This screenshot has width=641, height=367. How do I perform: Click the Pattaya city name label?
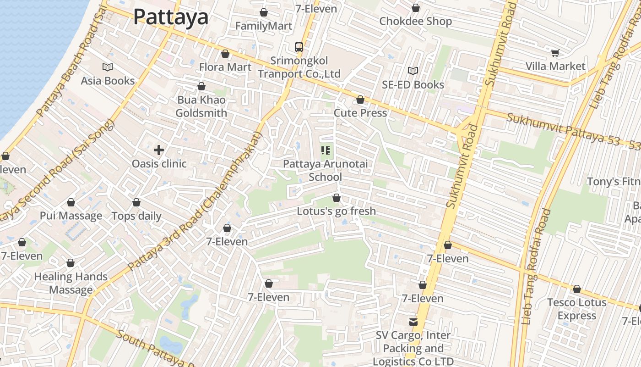pyautogui.click(x=171, y=17)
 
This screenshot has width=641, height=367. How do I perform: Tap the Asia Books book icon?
pyautogui.click(x=108, y=67)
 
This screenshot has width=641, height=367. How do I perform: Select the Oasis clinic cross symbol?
pyautogui.click(x=159, y=150)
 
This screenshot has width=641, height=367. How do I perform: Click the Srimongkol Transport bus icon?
pyautogui.click(x=299, y=47)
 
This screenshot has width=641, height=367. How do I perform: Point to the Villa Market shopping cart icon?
pyautogui.click(x=555, y=53)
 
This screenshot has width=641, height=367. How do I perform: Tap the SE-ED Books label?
pyautogui.click(x=413, y=85)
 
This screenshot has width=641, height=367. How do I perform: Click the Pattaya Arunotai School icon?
pyautogui.click(x=326, y=150)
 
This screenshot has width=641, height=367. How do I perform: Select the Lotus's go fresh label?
pyautogui.click(x=337, y=211)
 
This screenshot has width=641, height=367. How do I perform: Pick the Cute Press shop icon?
pyautogui.click(x=360, y=100)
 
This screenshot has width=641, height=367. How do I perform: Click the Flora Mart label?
pyautogui.click(x=225, y=67)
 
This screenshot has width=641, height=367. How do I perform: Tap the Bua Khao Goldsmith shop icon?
pyautogui.click(x=201, y=86)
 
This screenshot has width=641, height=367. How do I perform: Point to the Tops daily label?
pyautogui.click(x=136, y=216)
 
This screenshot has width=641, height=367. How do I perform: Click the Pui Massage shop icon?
pyautogui.click(x=71, y=202)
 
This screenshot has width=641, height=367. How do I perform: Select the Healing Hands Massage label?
pyautogui.click(x=71, y=283)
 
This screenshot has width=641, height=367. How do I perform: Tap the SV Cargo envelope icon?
pyautogui.click(x=413, y=322)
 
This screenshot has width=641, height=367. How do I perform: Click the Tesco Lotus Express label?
pyautogui.click(x=577, y=309)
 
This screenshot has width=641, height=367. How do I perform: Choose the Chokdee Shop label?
pyautogui.click(x=415, y=22)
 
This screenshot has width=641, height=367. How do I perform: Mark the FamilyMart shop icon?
pyautogui.click(x=263, y=12)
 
